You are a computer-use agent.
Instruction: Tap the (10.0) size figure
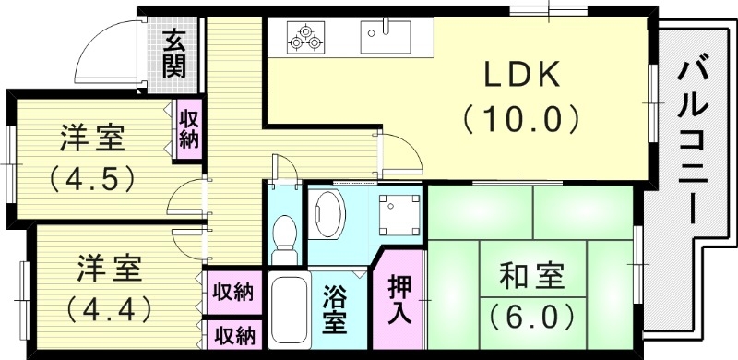[x=521, y=118]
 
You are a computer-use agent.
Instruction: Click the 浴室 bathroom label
[x=334, y=312]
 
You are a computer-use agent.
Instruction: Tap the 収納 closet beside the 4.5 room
[x=189, y=128]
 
